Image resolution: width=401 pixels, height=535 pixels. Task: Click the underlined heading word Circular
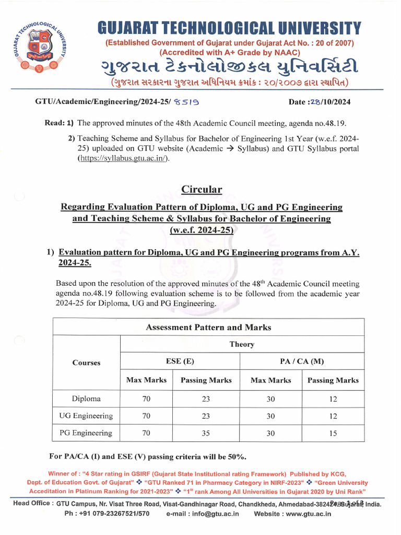[202, 189]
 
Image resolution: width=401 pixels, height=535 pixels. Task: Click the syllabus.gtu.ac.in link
[124, 158]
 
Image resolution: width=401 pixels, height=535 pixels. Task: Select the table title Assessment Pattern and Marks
[208, 328]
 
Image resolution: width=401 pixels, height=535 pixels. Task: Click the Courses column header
[86, 363]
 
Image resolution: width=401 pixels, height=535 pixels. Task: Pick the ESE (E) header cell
[180, 362]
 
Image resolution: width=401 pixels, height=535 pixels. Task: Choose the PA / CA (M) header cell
[302, 362]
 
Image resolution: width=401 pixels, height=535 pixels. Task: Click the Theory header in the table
[242, 344]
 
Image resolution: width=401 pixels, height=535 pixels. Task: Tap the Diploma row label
[86, 399]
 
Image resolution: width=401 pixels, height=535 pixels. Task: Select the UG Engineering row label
[86, 416]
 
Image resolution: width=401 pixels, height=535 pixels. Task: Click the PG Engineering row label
[86, 433]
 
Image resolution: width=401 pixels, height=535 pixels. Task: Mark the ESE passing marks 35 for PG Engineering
[206, 433]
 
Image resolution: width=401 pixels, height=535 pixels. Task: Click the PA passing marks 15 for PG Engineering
[333, 433]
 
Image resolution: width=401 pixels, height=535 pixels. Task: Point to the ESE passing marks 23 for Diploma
[206, 399]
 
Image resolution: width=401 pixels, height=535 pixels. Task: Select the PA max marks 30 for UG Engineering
[270, 416]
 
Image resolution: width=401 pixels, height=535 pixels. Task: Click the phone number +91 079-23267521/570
[111, 514]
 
